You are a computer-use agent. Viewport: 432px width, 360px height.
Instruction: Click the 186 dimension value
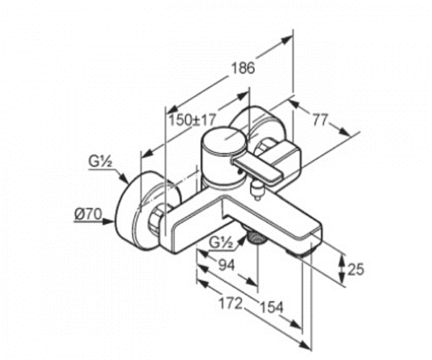243,68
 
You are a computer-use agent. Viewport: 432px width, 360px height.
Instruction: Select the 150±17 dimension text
192,120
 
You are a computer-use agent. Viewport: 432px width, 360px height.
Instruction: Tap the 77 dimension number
320,120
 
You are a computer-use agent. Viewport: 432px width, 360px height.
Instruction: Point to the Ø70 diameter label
88,214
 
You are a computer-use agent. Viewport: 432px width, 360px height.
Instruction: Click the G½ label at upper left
100,161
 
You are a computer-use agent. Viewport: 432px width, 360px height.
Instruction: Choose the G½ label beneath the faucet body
221,243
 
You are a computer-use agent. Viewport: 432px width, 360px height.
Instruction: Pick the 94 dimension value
227,265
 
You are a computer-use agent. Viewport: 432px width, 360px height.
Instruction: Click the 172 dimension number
230,304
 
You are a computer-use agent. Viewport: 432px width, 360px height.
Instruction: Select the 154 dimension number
272,307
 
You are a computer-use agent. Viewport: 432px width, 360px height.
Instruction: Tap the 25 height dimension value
356,269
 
